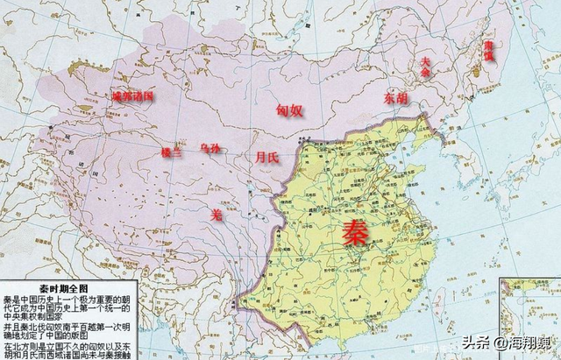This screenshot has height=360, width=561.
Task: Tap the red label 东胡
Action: pyautogui.click(x=395, y=98)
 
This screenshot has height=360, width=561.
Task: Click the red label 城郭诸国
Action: pyautogui.click(x=132, y=95)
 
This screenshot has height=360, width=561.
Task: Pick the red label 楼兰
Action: pyautogui.click(x=172, y=152)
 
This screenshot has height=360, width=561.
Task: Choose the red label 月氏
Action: pyautogui.click(x=267, y=158)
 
